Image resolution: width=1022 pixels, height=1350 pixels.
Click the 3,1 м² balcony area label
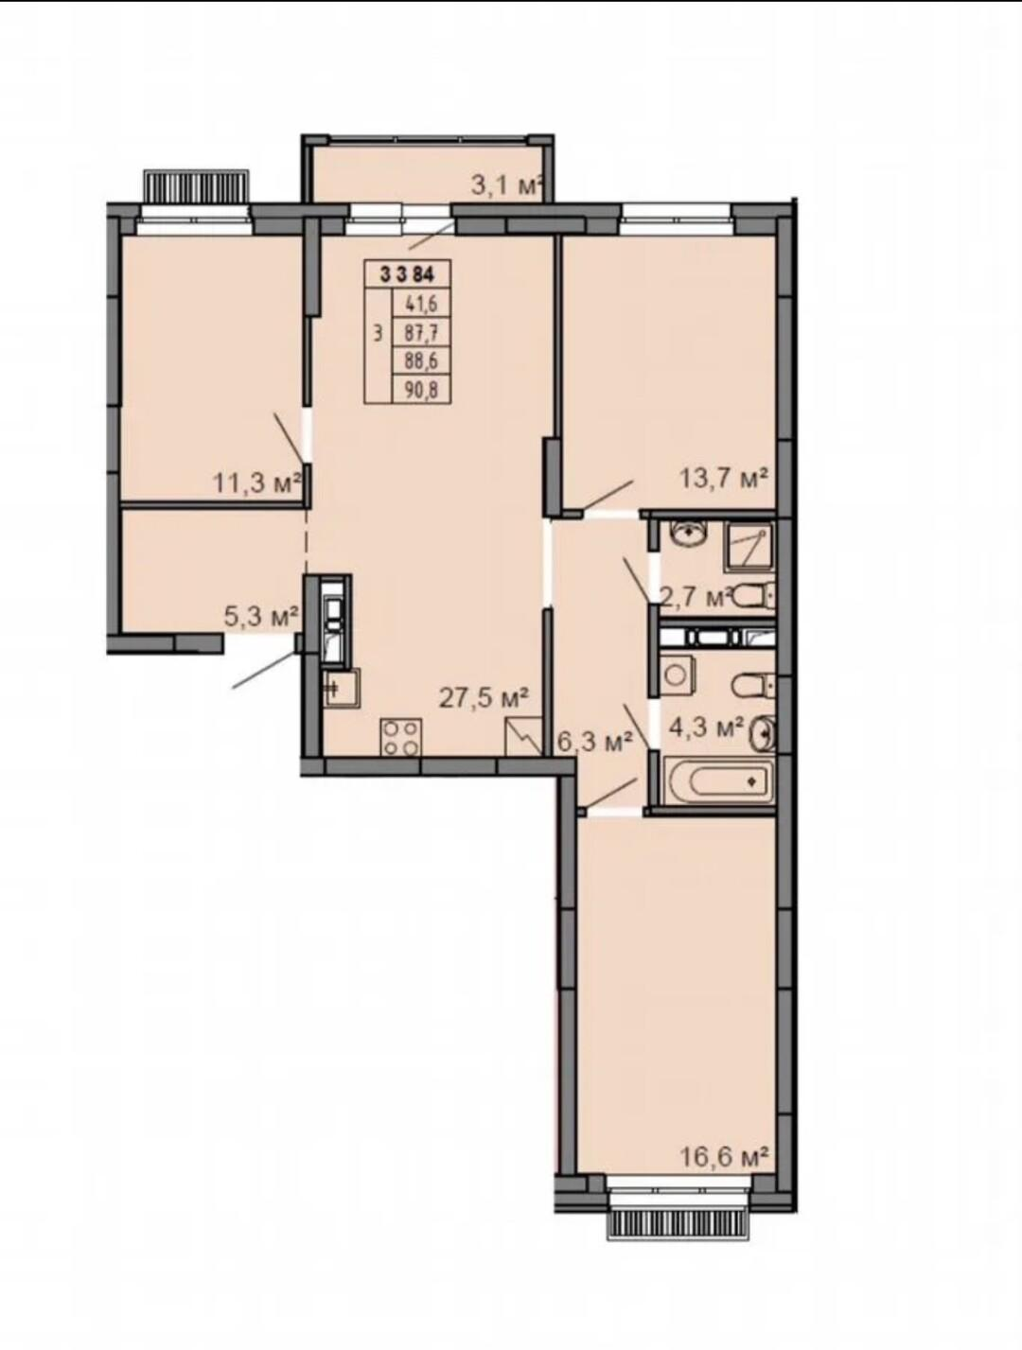point(507,184)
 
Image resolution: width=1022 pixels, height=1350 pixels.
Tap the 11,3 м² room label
point(258,482)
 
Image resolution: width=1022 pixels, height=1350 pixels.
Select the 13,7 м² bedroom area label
point(724,477)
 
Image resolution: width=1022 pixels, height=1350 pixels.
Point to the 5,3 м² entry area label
point(261,616)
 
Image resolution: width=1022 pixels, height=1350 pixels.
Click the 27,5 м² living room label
point(484,698)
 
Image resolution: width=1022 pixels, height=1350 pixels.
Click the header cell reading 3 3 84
point(408,274)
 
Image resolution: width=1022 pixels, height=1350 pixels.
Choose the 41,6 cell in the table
point(421,304)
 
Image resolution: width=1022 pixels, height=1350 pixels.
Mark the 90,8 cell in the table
point(421,390)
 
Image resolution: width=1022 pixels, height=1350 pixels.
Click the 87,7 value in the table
point(421,333)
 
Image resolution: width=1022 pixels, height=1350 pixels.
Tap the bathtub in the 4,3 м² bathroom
point(718,781)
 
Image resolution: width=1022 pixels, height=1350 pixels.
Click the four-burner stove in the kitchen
point(401,737)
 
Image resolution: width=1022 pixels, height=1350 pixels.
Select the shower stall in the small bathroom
point(748,548)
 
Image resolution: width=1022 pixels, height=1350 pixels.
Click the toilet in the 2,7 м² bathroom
point(754,595)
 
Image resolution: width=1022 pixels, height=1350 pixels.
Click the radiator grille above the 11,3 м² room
point(198,185)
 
